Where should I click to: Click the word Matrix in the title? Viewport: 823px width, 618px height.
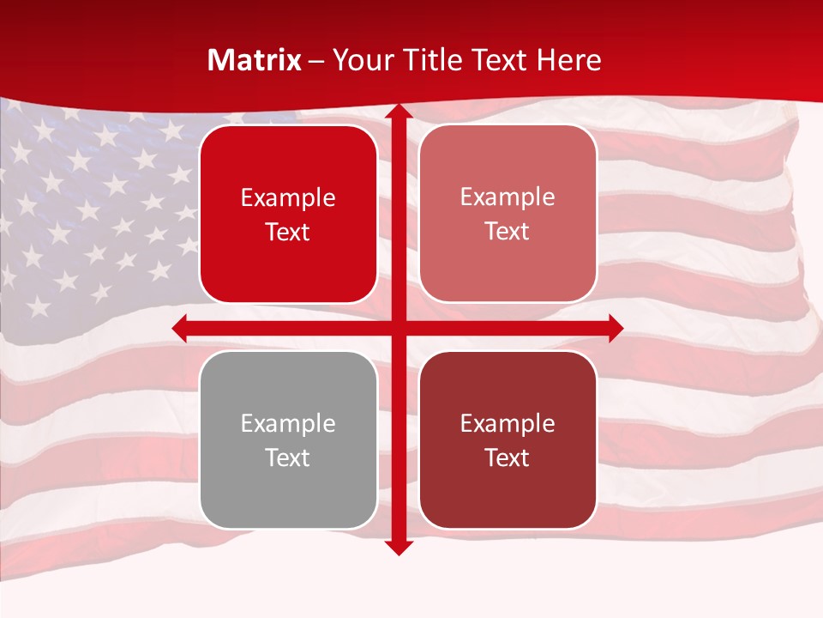click(255, 60)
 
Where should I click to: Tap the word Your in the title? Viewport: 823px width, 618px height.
click(363, 60)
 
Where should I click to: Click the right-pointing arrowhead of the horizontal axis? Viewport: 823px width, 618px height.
click(615, 328)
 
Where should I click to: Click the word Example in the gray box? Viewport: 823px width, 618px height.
click(288, 423)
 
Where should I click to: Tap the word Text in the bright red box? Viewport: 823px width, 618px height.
click(288, 233)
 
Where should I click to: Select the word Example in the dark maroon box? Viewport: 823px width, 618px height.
click(508, 423)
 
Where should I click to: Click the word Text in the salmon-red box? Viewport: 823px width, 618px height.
click(508, 232)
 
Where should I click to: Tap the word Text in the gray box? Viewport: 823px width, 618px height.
click(288, 457)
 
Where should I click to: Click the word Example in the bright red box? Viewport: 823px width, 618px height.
click(288, 198)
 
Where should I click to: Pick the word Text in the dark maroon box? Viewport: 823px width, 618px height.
click(508, 457)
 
